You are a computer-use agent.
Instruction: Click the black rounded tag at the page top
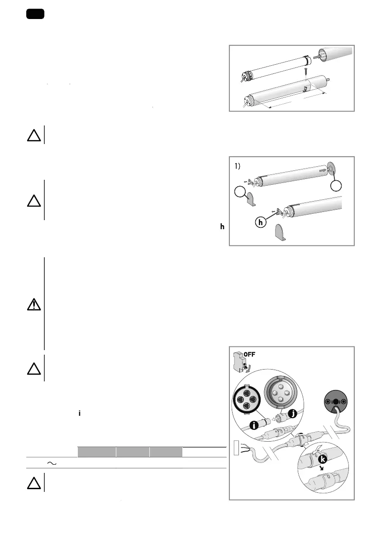(35, 14)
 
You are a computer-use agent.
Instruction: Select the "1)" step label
(240, 166)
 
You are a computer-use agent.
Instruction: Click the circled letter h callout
(260, 223)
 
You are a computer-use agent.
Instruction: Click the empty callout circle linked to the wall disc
(336, 187)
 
